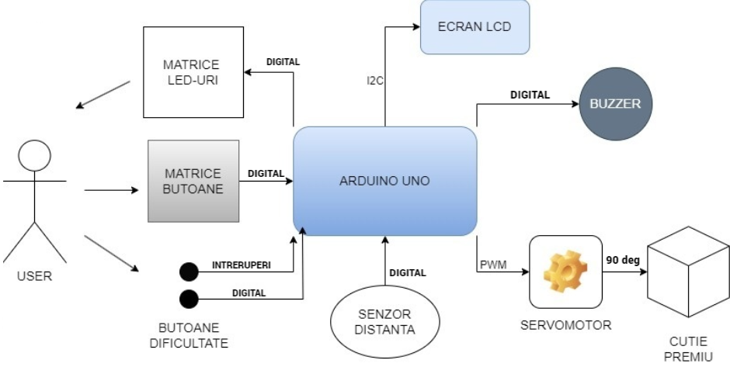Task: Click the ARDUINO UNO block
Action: click(x=384, y=181)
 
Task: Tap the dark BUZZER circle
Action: click(x=614, y=105)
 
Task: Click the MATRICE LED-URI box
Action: click(x=190, y=71)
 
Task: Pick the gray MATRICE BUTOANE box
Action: click(x=193, y=182)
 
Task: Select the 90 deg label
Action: click(x=622, y=260)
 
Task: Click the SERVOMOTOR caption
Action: click(x=565, y=324)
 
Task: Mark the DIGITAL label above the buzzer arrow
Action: click(x=530, y=95)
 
